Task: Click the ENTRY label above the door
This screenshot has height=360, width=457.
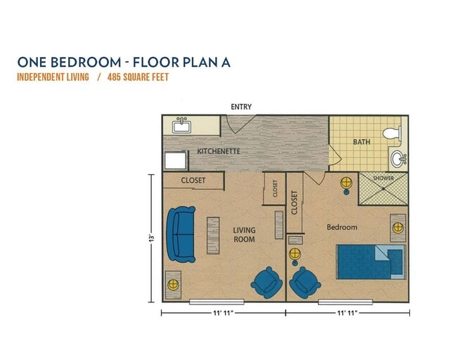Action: [x=241, y=107]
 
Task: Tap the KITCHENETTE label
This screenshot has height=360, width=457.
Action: [x=219, y=151]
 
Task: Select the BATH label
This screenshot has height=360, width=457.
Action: [x=361, y=142]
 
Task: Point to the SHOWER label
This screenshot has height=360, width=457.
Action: [x=383, y=177]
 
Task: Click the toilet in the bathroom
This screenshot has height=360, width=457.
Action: [x=391, y=132]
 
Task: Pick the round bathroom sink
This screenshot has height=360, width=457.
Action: [x=398, y=159]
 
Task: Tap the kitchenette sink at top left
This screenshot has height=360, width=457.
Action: [x=182, y=126]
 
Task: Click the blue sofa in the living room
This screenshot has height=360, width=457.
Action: [x=181, y=233]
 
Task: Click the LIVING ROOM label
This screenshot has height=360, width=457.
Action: [x=244, y=235]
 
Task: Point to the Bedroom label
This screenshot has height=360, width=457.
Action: [x=342, y=227]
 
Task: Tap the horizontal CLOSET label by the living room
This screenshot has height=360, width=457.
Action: [x=193, y=181]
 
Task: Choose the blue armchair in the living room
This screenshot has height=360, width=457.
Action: [x=267, y=283]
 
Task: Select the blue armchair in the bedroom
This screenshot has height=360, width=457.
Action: [x=304, y=283]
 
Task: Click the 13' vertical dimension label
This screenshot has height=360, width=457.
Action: [x=150, y=238]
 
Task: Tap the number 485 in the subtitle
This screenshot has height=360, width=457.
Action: [x=115, y=77]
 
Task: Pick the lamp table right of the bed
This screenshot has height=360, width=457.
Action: [x=398, y=228]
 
